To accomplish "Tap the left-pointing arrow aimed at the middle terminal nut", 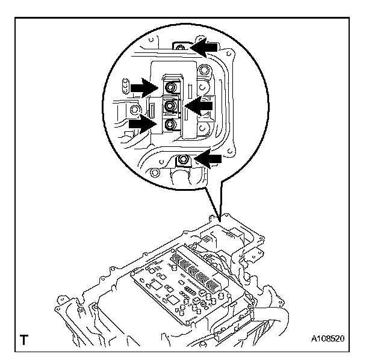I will click(199, 105).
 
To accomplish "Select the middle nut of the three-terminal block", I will click(171, 106).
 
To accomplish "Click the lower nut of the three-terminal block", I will click(170, 125).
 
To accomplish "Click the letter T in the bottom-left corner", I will click(25, 340).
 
